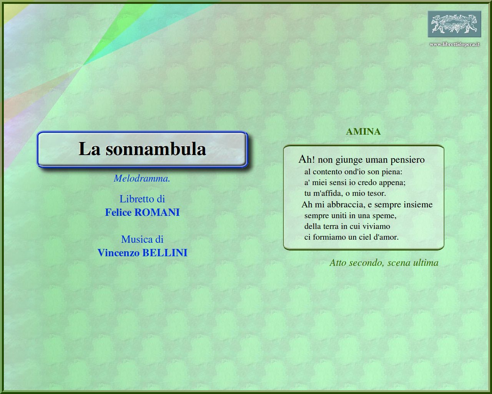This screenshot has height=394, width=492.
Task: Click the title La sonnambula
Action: pos(142,149)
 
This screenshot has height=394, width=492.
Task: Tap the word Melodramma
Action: pos(142,179)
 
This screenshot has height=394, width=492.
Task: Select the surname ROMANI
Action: pos(157,212)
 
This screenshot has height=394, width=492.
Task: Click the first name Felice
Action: pos(118,212)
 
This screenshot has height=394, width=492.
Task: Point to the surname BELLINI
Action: pos(165,253)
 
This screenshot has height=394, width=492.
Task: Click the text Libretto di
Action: pos(142,199)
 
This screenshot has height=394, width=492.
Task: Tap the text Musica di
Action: pos(142,239)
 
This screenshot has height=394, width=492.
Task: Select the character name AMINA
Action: pos(363,132)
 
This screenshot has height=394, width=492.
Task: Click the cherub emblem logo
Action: pos(454,24)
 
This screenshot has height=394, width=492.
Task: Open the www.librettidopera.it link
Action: pos(454,44)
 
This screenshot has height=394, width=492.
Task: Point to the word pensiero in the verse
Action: pos(407,160)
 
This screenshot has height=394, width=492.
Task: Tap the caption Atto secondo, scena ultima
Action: pos(384,262)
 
